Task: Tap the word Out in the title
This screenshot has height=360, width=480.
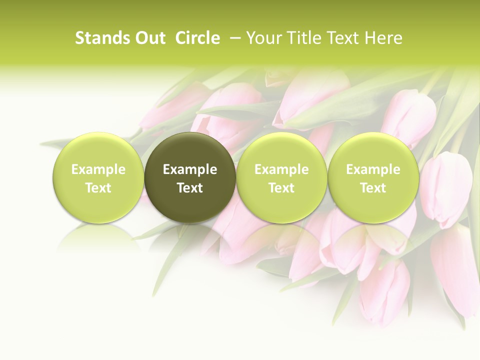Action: (x=149, y=38)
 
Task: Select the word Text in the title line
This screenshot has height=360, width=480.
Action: (x=344, y=38)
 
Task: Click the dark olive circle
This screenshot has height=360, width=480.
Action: (x=190, y=177)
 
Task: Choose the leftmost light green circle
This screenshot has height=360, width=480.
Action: (x=98, y=177)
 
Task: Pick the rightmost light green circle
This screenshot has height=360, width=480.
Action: (x=373, y=177)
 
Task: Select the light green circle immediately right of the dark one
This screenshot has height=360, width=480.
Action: (x=281, y=177)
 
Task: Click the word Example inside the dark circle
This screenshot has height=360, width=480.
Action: (x=190, y=169)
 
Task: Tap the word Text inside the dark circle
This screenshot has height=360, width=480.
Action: (x=190, y=188)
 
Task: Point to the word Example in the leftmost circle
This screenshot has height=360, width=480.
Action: (x=98, y=169)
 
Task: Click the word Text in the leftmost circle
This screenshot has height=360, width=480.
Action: (x=98, y=188)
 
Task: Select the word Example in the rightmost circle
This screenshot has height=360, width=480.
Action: (x=373, y=169)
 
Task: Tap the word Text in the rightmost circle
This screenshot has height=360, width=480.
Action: (x=373, y=188)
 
